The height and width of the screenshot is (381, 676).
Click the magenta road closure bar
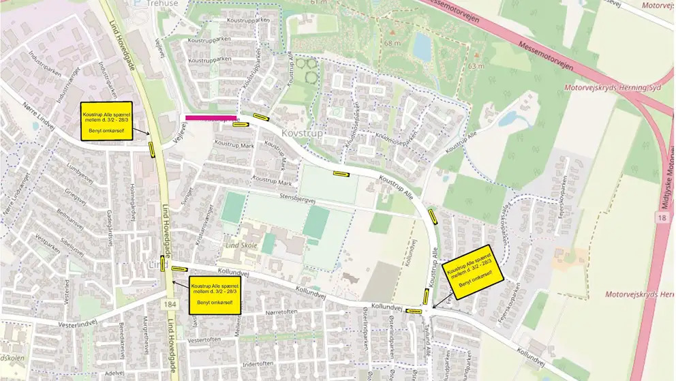(x=211, y=118)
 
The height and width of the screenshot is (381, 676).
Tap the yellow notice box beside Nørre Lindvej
(x=110, y=121)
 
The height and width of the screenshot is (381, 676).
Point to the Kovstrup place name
(x=302, y=133)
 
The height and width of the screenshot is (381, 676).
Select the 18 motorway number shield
(x=662, y=216)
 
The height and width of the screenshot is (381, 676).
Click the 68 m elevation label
(x=391, y=44)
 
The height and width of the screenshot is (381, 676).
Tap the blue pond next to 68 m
(x=422, y=47)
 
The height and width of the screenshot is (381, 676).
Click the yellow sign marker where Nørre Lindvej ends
(x=151, y=148)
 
